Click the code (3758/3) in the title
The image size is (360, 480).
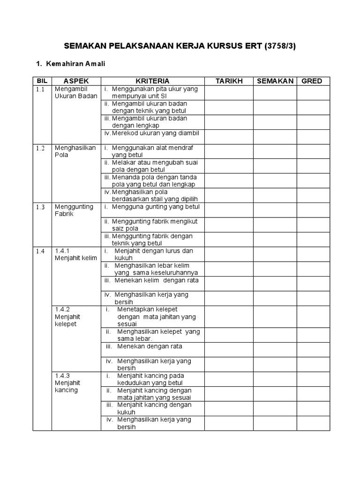[280, 46]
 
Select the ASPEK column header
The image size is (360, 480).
[76, 81]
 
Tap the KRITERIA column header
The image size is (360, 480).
[153, 81]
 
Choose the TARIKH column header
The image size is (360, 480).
[229, 81]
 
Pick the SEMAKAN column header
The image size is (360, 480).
[275, 81]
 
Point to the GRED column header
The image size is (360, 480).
[312, 81]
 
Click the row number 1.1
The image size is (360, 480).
[40, 89]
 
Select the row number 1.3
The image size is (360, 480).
[40, 207]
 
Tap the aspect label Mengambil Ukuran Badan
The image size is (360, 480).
[76, 92]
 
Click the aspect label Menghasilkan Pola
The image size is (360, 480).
[75, 151]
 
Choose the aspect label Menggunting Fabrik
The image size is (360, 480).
[74, 210]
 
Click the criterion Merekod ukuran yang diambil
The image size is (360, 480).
[155, 133]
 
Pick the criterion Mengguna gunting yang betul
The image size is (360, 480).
[155, 207]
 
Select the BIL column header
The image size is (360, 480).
[42, 81]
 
